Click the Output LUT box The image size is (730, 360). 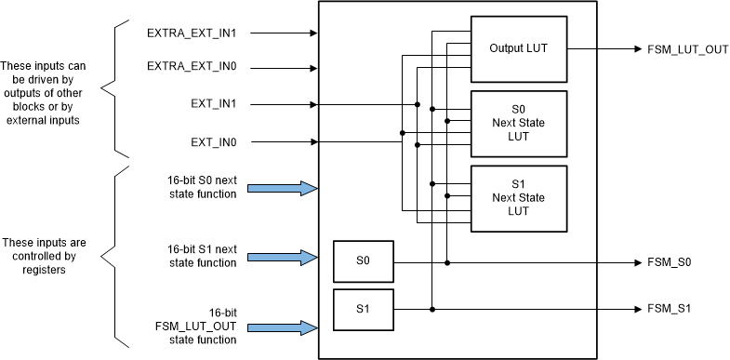(x=519, y=48)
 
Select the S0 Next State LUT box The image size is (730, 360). (x=519, y=123)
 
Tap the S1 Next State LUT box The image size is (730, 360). (x=519, y=197)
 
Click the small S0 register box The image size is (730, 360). (x=364, y=262)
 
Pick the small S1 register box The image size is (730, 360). (x=364, y=308)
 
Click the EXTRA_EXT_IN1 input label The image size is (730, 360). (x=191, y=33)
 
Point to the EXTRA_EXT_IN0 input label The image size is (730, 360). (x=191, y=67)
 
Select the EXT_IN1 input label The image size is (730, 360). (x=214, y=104)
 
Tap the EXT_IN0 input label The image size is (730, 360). (x=214, y=142)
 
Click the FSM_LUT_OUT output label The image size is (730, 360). (x=687, y=49)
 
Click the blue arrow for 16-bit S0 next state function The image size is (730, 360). (x=285, y=188)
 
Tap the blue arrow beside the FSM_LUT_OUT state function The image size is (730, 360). (x=285, y=327)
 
